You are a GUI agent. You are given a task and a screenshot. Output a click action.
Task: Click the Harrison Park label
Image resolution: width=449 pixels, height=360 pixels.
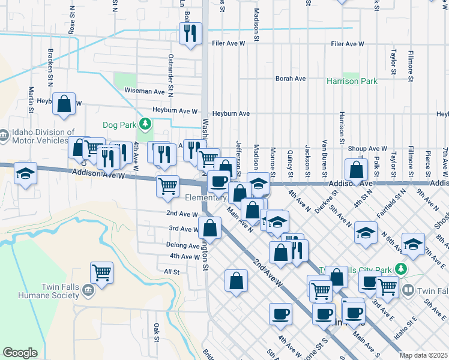pos(352,81)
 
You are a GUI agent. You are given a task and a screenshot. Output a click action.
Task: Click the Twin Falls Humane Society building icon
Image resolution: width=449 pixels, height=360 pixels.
pos(88,291)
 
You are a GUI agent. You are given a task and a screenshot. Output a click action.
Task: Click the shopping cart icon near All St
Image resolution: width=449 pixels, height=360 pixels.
pos(102,272)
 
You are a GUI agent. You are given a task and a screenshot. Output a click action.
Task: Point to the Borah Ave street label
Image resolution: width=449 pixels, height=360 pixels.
pos(291,79)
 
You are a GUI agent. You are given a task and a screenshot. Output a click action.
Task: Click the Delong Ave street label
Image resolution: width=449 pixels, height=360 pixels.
pos(183,245)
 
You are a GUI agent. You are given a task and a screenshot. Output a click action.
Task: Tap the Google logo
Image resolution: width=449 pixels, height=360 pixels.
pos(20,353)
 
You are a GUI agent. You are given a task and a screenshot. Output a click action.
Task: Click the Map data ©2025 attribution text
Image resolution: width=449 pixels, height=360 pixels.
pos(423,355)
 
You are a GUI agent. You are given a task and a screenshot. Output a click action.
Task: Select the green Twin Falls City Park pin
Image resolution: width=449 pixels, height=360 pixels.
pos(405,269)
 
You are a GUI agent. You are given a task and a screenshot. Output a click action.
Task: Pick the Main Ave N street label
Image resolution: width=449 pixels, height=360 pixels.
pos(240,220)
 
